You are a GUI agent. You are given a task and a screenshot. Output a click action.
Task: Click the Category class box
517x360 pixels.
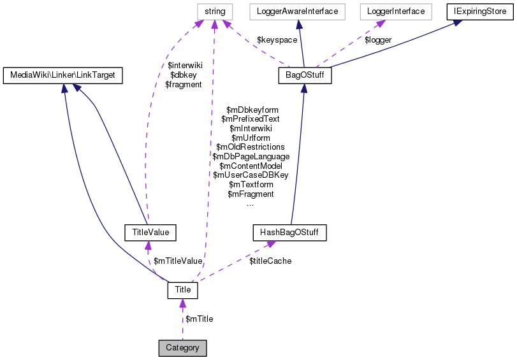[x=182, y=348]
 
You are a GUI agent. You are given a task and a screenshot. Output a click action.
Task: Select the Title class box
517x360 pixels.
[x=183, y=290]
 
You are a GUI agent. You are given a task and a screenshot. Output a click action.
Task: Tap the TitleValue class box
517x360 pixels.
[x=150, y=233]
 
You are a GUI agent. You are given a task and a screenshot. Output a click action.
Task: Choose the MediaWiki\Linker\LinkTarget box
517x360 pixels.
[x=62, y=76]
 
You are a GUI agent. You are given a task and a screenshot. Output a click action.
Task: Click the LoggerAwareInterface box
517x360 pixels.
[x=297, y=11]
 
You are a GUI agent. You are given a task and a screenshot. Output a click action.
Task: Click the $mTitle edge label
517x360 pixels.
[x=199, y=319]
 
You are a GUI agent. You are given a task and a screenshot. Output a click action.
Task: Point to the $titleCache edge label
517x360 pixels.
[x=270, y=261]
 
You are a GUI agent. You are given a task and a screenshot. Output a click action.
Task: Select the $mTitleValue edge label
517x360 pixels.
[x=178, y=261]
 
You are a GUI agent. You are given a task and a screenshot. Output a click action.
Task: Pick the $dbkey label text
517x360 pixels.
[x=184, y=75]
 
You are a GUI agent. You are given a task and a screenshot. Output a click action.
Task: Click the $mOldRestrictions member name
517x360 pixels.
[x=251, y=147]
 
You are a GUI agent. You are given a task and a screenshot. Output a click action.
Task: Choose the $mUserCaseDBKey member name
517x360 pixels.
[x=251, y=175]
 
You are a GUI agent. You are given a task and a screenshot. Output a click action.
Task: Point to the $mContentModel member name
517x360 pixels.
[x=251, y=166]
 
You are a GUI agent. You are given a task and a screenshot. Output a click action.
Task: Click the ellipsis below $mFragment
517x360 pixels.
[x=251, y=204]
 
